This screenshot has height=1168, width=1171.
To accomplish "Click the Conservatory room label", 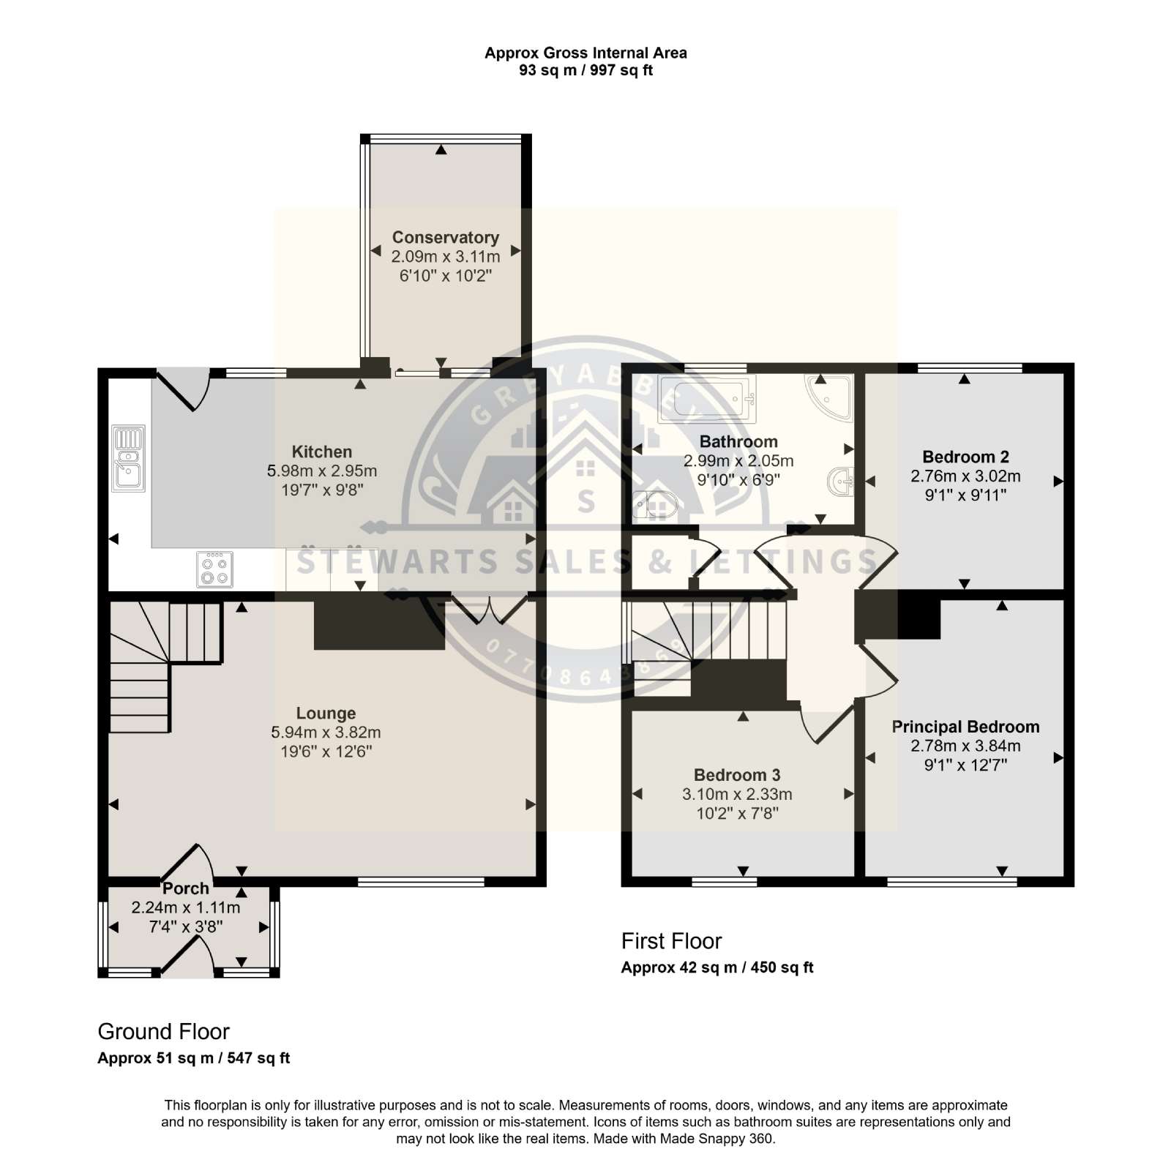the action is click(445, 237).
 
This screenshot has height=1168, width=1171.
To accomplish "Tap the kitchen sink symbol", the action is click(129, 459).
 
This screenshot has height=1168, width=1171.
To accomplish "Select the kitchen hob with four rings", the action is click(215, 569).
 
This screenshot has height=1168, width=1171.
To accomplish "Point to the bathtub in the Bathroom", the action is click(707, 399).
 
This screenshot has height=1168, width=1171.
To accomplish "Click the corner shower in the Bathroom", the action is click(832, 397).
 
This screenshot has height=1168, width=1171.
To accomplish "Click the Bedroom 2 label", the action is click(965, 457).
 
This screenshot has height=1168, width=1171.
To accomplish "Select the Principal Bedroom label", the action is click(965, 727).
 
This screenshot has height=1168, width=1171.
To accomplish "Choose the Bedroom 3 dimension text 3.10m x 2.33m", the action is click(737, 794).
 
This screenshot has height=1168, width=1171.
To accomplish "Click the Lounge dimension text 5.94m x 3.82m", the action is click(326, 732).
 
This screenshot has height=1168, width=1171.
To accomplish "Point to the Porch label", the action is click(186, 888).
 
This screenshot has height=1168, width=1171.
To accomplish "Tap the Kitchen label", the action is click(322, 452).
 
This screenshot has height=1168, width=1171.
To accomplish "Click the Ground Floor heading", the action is click(164, 1032).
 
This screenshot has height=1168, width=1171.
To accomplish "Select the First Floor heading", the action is click(671, 941).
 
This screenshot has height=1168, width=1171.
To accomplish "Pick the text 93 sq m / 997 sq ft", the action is click(585, 70).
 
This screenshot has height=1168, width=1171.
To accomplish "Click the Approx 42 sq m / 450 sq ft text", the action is click(717, 967).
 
